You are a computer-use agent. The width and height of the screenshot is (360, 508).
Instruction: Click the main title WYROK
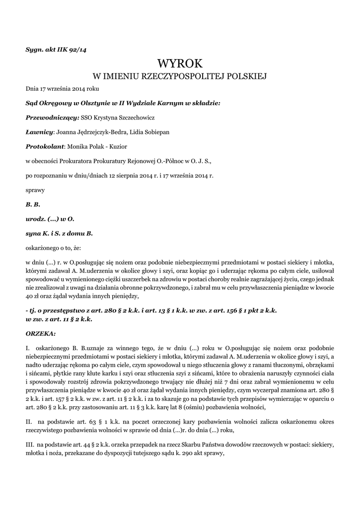(180, 63)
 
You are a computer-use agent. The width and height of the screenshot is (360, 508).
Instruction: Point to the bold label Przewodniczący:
(52, 118)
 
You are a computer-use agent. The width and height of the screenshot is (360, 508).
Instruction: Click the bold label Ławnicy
(39, 132)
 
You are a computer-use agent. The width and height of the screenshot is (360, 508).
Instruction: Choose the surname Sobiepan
(171, 132)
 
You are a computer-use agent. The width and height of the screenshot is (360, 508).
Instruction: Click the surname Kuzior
(117, 147)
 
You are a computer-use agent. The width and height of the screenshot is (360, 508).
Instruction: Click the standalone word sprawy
(35, 190)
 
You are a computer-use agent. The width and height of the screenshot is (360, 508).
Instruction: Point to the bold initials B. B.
(33, 204)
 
